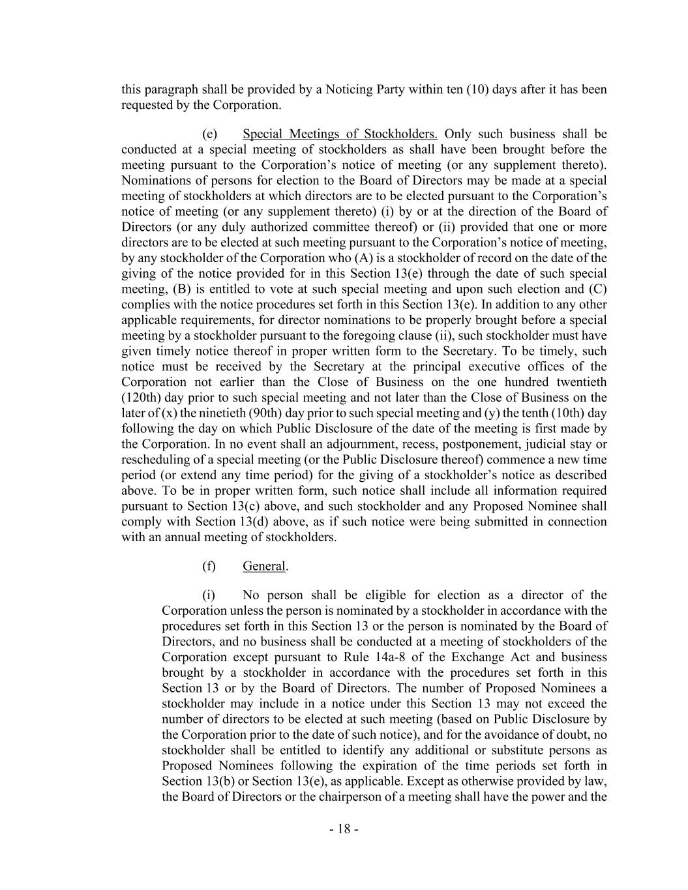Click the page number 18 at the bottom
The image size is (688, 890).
[344, 829]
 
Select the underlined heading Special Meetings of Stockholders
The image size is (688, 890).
[339, 134]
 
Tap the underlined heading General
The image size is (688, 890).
[263, 566]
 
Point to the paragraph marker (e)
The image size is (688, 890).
[209, 134]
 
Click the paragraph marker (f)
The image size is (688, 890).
[209, 566]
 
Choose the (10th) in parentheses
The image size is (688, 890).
[569, 413]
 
